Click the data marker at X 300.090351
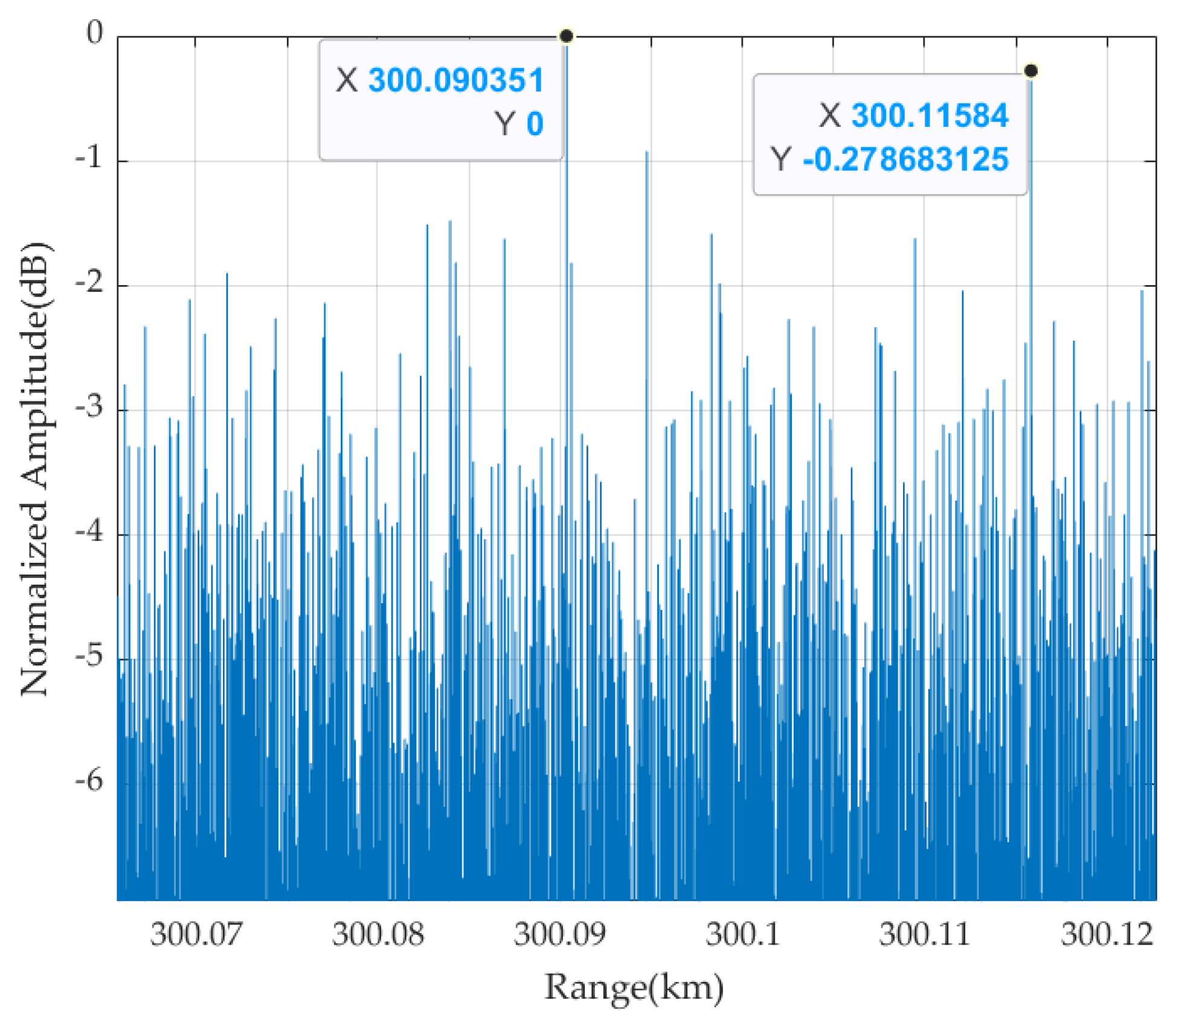tap(566, 36)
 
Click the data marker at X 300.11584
tap(1031, 71)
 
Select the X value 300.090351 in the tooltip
tap(456, 80)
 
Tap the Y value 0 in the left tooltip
tap(535, 124)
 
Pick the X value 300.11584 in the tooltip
tap(930, 115)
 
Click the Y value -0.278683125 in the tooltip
tap(905, 159)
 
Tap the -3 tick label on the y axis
tap(89, 408)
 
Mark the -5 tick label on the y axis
tap(89, 658)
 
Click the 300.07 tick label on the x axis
tap(196, 935)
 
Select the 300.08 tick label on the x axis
tap(378, 935)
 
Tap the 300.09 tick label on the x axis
tap(560, 935)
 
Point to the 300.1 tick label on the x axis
tap(743, 935)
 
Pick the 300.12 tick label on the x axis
tap(1107, 935)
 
